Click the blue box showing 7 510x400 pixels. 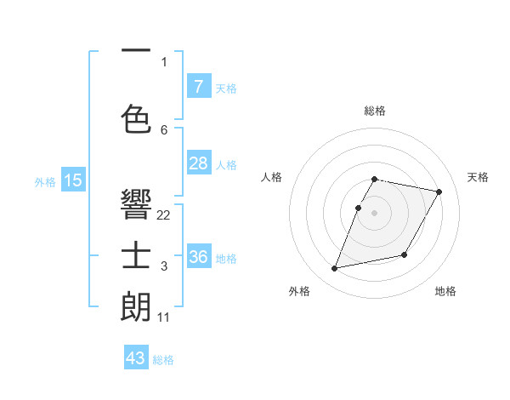point(198,86)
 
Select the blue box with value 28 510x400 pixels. point(198,163)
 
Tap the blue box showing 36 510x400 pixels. point(198,256)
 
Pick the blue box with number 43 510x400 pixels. point(136,358)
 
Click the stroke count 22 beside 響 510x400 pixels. point(164,215)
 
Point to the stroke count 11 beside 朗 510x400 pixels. point(164,317)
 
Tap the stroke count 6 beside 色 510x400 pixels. point(164,129)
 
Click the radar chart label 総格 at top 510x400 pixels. point(375,111)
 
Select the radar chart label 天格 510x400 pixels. point(478,177)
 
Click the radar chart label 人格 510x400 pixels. point(272,177)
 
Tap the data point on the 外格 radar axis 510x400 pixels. point(335,269)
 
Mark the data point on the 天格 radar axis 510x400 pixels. point(439,192)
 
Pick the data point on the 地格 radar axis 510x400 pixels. point(405,254)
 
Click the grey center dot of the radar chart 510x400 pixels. point(375,213)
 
